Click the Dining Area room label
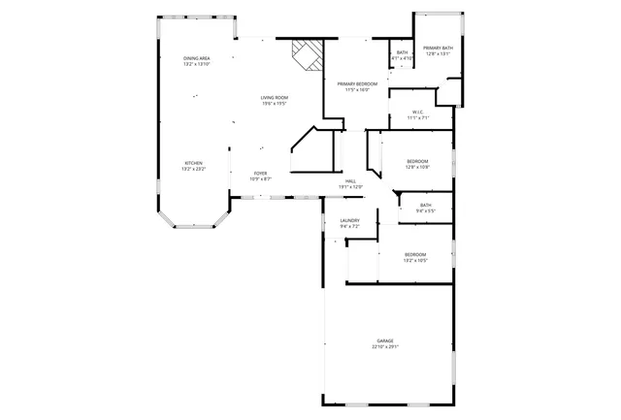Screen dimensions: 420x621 tap(197, 58)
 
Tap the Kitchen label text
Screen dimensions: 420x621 tap(194, 162)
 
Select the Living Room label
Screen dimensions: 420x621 tap(274, 98)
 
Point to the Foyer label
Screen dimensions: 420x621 tap(261, 173)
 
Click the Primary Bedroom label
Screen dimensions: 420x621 tap(357, 84)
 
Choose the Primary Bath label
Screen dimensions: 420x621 tap(438, 48)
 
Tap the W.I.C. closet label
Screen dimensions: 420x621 tap(416, 112)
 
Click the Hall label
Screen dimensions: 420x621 tap(350, 180)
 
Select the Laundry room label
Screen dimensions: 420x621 tap(350, 220)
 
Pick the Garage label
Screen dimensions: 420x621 tap(385, 340)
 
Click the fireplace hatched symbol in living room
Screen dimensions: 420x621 tap(308, 54)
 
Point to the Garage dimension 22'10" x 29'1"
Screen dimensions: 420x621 tap(385, 346)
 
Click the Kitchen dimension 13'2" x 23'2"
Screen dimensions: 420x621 tap(193, 169)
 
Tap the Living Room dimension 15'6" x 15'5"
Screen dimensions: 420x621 tap(274, 104)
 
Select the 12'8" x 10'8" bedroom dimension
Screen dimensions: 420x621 tap(417, 167)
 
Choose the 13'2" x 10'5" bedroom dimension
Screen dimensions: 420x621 tap(415, 260)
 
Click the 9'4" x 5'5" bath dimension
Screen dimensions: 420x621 tap(426, 210)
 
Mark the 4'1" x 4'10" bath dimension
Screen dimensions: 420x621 tap(402, 58)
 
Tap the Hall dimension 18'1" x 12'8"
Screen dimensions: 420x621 tap(350, 186)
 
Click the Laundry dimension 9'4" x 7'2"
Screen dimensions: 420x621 tap(350, 226)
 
